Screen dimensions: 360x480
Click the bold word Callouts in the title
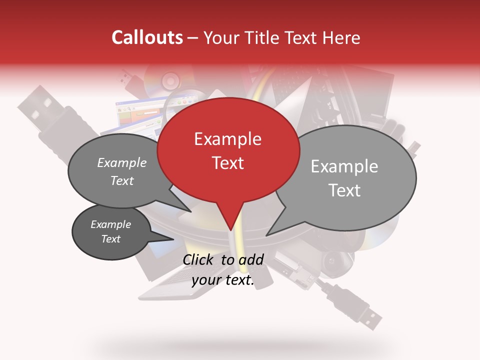pyautogui.click(x=147, y=37)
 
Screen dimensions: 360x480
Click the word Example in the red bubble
pyautogui.click(x=227, y=139)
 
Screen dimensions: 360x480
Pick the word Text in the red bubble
pyautogui.click(x=227, y=163)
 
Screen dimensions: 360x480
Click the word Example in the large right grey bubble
pyautogui.click(x=344, y=166)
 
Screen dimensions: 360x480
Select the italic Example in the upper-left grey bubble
pyautogui.click(x=121, y=162)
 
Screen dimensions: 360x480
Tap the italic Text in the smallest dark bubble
pyautogui.click(x=111, y=238)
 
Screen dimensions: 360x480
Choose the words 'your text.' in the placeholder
pyautogui.click(x=223, y=280)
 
